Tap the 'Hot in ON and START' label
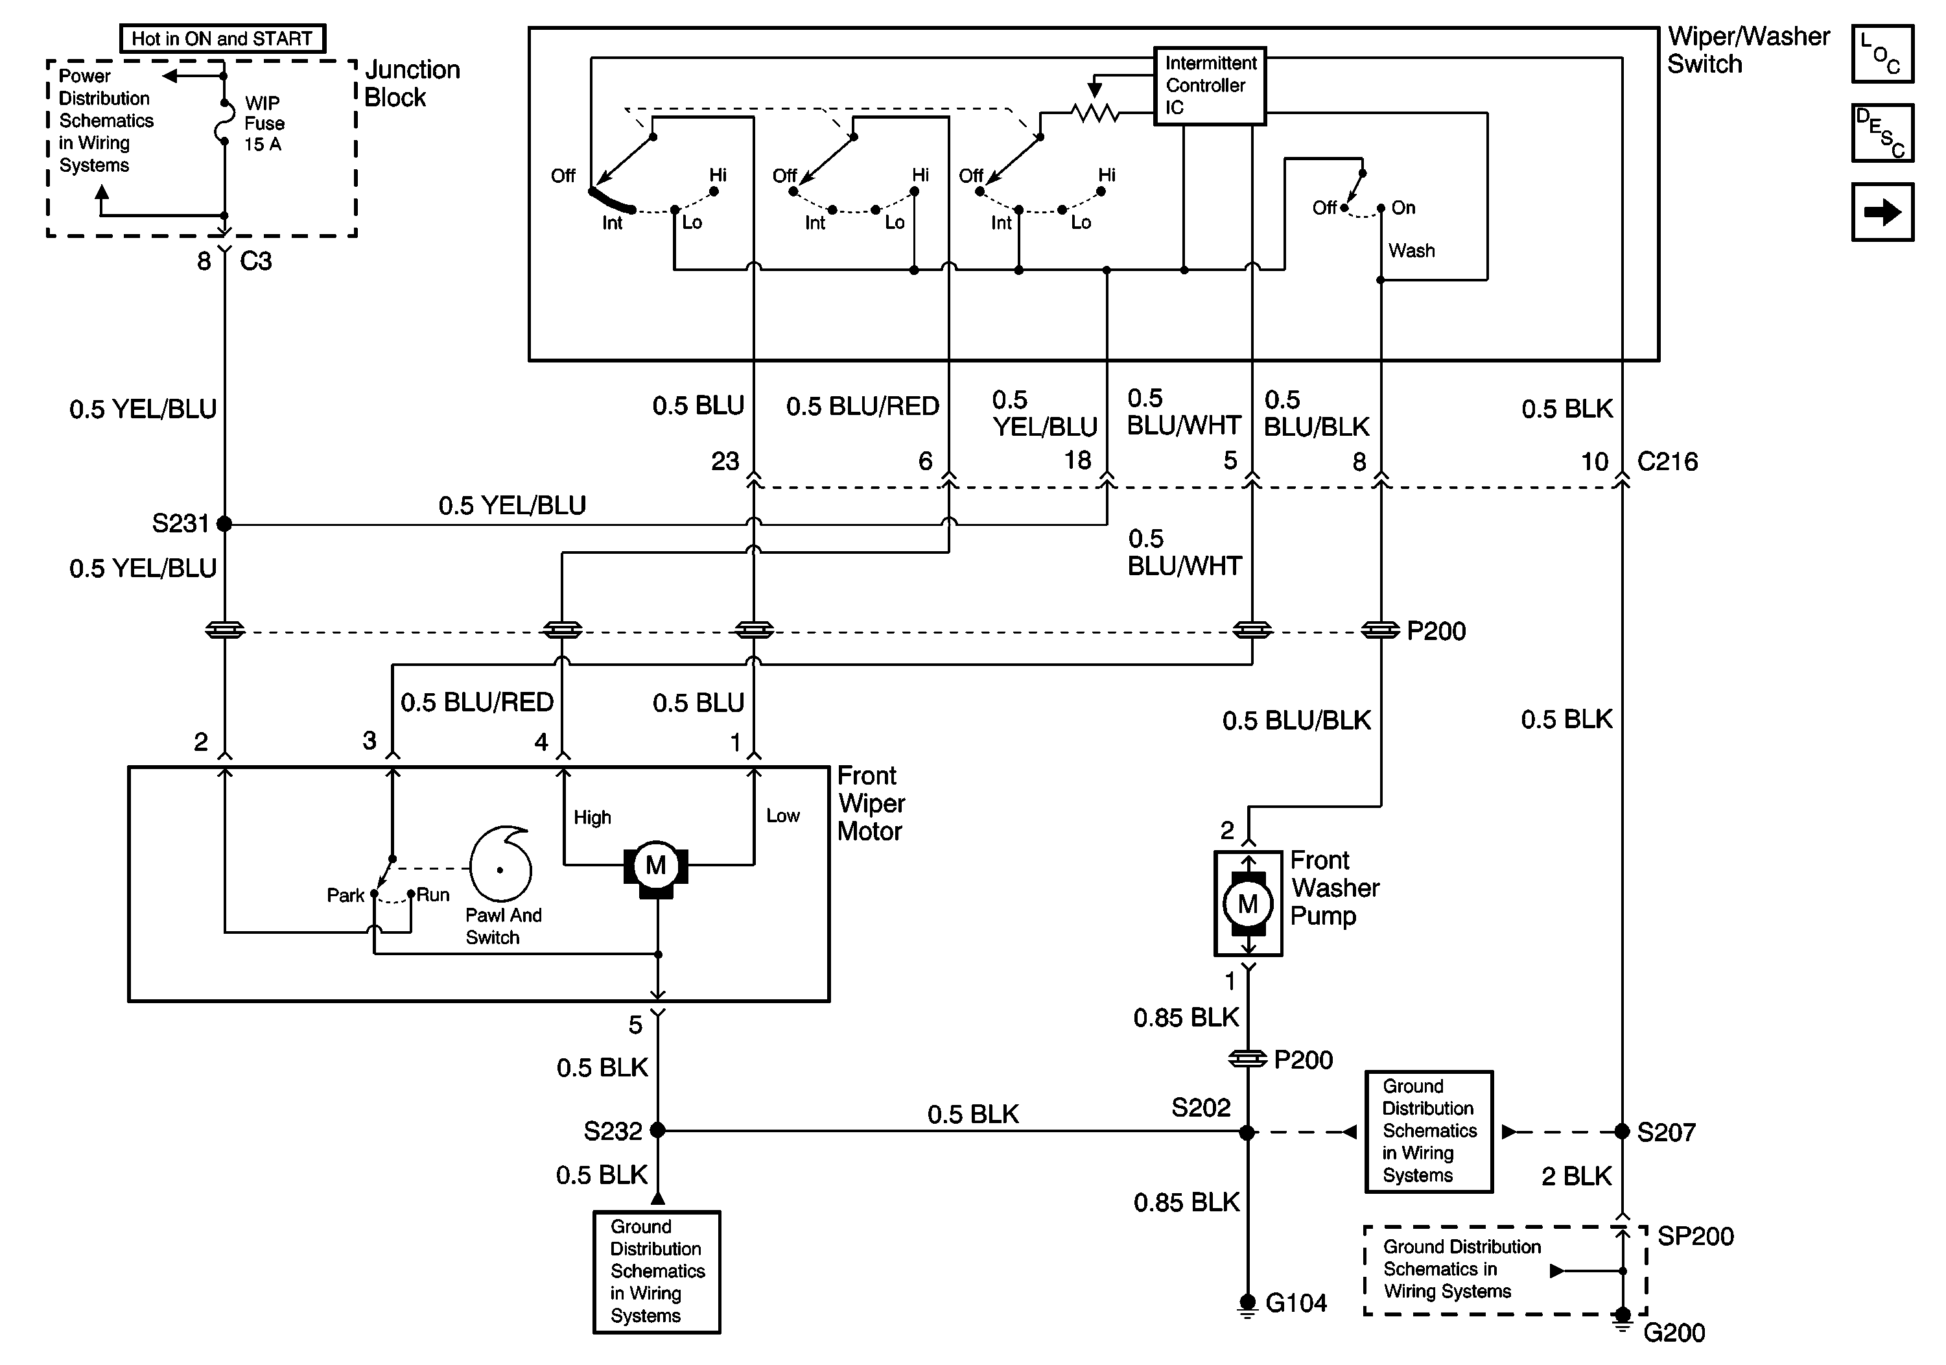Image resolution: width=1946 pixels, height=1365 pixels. click(222, 39)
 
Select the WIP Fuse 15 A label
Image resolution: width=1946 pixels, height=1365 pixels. click(264, 124)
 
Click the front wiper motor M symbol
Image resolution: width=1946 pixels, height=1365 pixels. click(656, 866)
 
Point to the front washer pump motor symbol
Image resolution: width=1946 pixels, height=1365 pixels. click(1248, 904)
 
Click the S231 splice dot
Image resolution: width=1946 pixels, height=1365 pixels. click(224, 524)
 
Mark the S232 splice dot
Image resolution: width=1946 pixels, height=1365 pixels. click(658, 1130)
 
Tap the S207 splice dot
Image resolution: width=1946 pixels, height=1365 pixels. click(1621, 1131)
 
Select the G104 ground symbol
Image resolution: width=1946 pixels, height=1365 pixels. click(1247, 1303)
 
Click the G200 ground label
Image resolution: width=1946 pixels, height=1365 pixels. click(1674, 1333)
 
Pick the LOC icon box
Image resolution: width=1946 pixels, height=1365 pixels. click(1882, 54)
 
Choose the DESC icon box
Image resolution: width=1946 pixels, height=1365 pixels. click(1882, 133)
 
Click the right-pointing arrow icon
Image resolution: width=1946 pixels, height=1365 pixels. click(1882, 212)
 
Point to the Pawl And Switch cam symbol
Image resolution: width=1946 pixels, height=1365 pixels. click(501, 866)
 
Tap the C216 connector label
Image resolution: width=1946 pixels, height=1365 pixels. click(1667, 462)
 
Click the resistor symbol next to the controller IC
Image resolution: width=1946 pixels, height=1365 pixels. click(1094, 113)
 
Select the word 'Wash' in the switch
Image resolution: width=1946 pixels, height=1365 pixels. click(1411, 251)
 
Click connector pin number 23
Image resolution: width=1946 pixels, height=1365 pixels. click(725, 462)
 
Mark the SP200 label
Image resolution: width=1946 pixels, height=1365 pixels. click(1695, 1236)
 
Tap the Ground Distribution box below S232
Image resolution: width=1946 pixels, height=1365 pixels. click(656, 1272)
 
